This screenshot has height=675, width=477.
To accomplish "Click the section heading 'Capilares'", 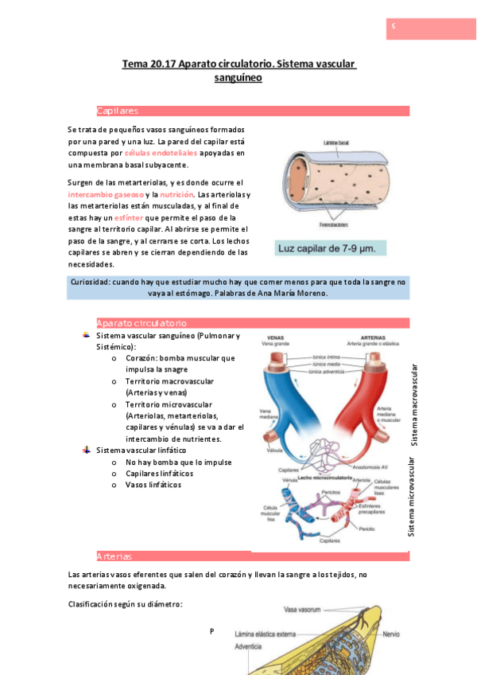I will tap(117, 111).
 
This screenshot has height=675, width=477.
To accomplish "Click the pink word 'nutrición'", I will tap(176, 194).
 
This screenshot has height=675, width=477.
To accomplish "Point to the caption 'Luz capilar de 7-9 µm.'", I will tap(331, 249).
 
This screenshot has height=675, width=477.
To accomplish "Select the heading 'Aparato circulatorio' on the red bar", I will tap(141, 323).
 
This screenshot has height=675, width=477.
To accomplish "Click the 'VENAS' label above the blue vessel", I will tap(277, 336).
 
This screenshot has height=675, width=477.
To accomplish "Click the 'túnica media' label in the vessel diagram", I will tap(328, 365).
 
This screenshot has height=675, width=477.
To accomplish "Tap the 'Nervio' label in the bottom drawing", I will tap(390, 634).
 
